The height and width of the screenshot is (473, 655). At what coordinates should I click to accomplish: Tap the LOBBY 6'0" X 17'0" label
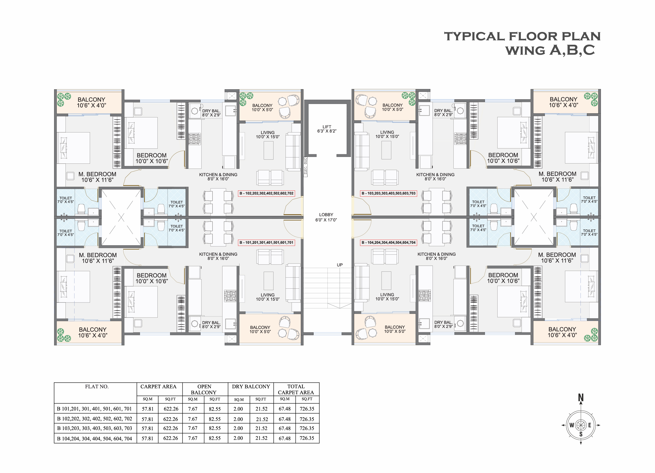coord(326,217)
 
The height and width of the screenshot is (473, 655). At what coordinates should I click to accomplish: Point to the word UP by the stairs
coord(340,265)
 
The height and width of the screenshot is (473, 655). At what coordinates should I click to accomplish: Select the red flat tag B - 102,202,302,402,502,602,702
coord(266,193)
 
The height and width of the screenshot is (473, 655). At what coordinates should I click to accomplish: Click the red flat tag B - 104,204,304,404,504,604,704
coord(388,243)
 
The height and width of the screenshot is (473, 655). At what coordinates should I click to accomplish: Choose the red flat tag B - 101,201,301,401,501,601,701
coord(266,243)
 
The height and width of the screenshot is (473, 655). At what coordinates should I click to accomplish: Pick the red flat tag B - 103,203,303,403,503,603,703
coord(388,193)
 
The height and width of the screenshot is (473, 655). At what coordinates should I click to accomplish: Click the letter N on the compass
coord(581,398)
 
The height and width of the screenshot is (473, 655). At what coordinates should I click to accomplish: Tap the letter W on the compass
coord(572,425)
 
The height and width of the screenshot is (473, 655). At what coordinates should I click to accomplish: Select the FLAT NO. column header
coord(97,387)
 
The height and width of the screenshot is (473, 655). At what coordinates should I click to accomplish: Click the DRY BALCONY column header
coord(251,387)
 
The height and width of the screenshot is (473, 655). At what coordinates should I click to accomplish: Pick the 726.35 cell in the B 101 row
coord(307,409)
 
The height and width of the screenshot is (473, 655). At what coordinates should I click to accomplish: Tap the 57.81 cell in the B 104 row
coord(147,438)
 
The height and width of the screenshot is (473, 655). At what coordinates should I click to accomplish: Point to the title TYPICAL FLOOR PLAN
coord(522,36)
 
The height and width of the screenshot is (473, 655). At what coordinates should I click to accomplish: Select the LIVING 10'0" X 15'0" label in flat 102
coord(268,135)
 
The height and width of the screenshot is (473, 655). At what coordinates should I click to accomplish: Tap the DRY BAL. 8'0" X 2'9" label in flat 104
coord(443,324)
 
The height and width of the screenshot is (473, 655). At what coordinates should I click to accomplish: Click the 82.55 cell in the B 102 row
coord(215,419)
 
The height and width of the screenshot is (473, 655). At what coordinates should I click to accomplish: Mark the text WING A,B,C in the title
coord(550,50)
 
